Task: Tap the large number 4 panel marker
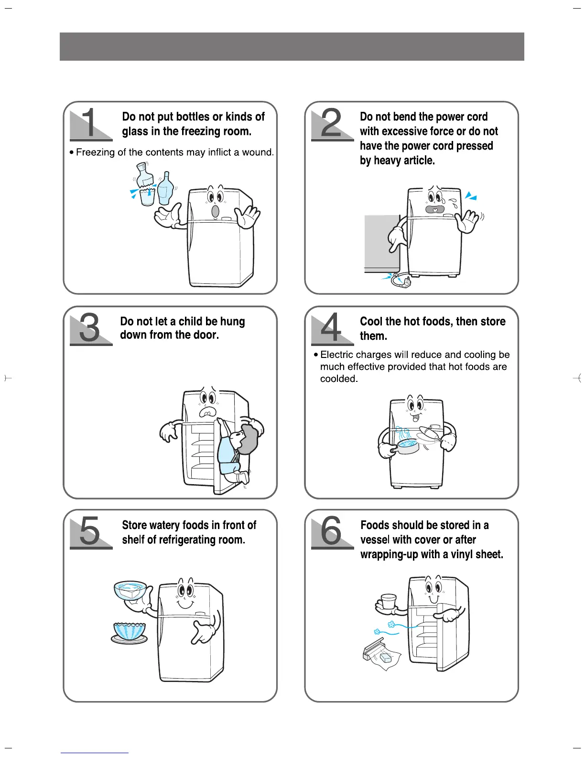331,327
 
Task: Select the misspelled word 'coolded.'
339,378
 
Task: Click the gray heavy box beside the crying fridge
382,243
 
